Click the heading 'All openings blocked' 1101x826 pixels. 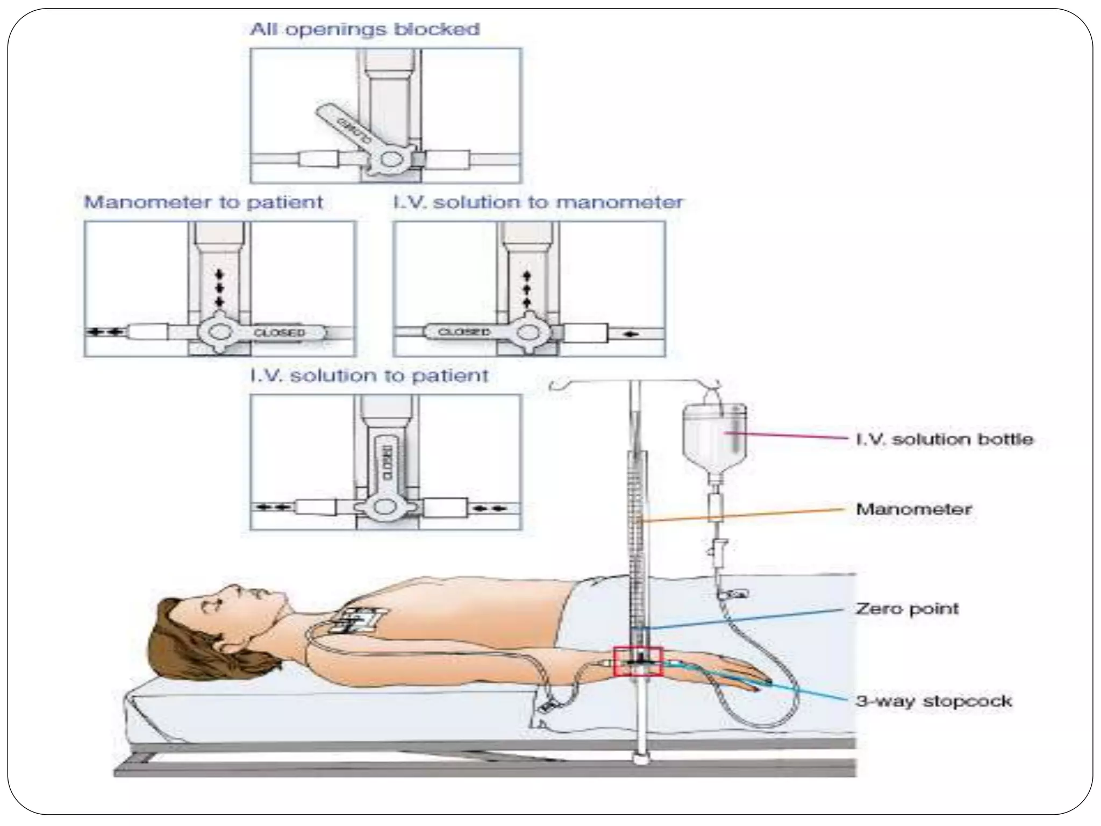364,29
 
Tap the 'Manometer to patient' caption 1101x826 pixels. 204,202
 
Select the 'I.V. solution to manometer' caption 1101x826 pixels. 538,202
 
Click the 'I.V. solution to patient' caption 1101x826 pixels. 369,375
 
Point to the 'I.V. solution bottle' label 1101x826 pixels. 944,439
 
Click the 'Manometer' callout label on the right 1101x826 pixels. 913,509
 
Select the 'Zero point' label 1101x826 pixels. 907,609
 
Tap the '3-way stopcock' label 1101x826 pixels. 933,701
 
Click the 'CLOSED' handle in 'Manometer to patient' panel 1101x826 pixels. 280,332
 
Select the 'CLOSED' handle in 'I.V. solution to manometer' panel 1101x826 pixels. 463,332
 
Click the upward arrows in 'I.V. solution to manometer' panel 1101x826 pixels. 527,289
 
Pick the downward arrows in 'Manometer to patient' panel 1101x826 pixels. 219,289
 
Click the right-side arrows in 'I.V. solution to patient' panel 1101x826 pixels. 491,507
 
